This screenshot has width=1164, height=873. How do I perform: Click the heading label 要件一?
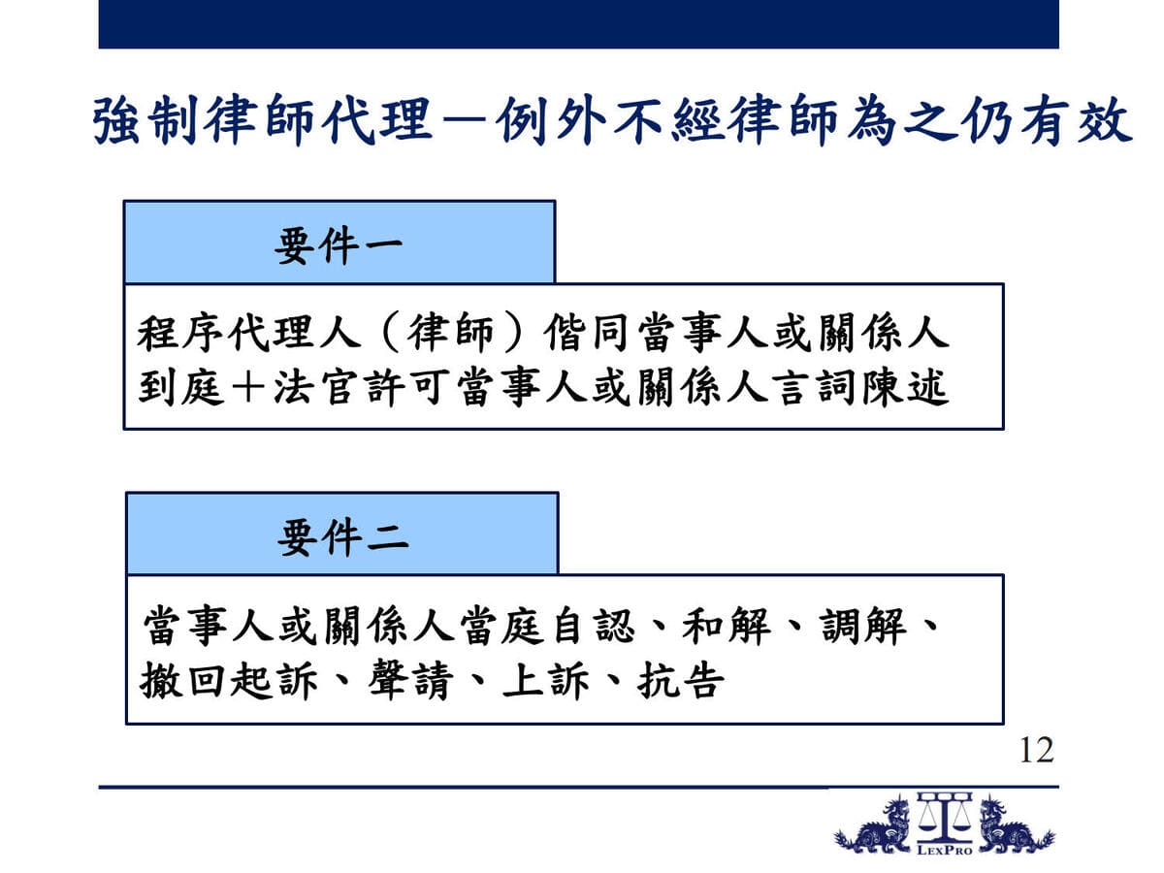click(x=339, y=244)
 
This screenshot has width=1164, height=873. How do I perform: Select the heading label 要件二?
click(x=342, y=538)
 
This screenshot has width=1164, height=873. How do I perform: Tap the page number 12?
click(x=1037, y=751)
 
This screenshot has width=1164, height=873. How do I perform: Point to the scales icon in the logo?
click(x=945, y=818)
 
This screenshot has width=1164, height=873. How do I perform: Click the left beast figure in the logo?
click(x=873, y=825)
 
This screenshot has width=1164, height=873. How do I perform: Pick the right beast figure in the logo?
click(x=1017, y=825)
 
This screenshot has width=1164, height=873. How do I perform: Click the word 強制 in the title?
click(x=145, y=120)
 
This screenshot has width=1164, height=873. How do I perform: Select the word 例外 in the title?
click(x=552, y=120)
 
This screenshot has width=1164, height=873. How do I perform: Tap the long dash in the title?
click(x=465, y=121)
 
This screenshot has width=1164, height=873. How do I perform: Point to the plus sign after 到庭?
click(x=248, y=388)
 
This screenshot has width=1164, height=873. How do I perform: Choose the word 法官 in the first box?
click(x=317, y=388)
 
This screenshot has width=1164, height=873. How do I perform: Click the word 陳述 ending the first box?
click(x=905, y=388)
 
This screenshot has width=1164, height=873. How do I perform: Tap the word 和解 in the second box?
click(x=727, y=626)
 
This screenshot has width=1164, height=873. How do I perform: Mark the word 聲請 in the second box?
click(x=411, y=680)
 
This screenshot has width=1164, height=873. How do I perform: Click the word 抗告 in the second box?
click(x=682, y=680)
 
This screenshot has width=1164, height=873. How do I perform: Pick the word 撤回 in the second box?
click(x=182, y=680)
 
